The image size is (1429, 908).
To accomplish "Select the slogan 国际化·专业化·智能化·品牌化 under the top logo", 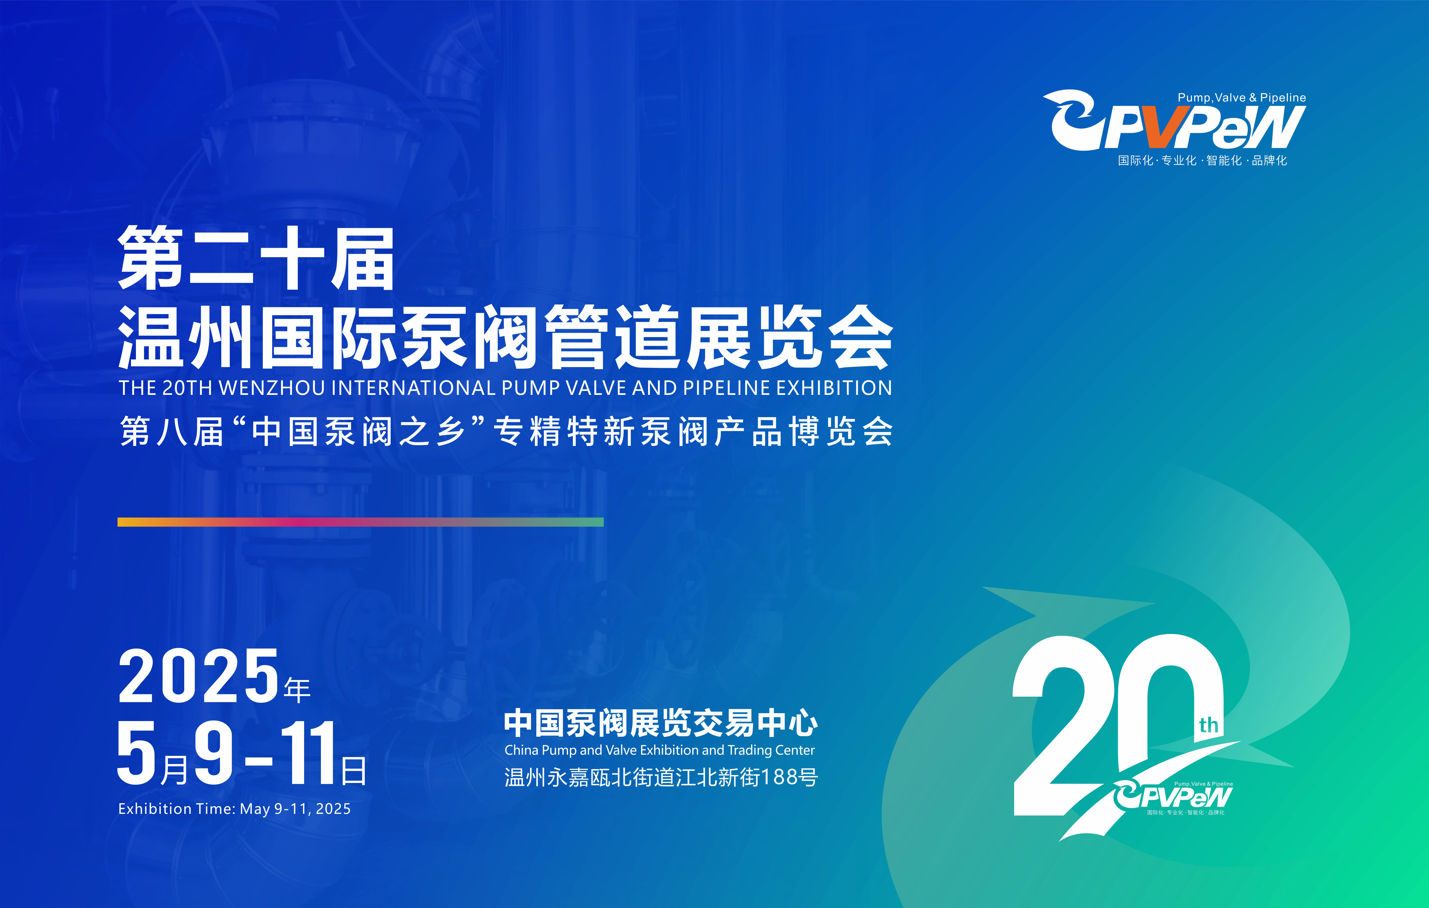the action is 1202,160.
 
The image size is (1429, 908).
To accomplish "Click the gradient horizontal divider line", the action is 360,522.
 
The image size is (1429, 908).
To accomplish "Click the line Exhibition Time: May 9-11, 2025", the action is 234,809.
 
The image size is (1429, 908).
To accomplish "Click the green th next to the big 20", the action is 1208,725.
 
